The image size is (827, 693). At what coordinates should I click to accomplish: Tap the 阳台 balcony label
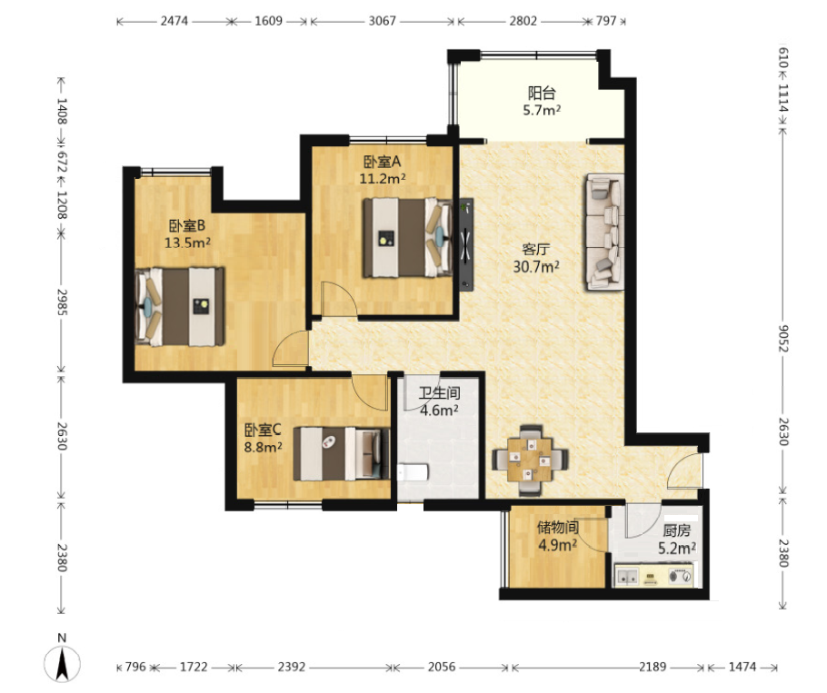tap(542, 94)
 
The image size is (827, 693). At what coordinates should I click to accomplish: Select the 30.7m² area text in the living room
tap(536, 267)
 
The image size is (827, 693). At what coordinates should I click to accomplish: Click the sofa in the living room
tap(604, 233)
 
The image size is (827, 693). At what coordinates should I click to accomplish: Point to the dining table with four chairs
tap(530, 460)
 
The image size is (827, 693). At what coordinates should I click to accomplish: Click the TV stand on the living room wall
tap(465, 244)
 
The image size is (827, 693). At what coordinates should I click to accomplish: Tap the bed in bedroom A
tap(407, 238)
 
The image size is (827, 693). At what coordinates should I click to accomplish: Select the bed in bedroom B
tap(179, 307)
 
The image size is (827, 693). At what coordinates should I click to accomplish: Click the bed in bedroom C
tap(342, 454)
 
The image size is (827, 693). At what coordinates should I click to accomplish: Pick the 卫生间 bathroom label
tap(439, 393)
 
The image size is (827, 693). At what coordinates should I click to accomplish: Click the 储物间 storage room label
tap(557, 527)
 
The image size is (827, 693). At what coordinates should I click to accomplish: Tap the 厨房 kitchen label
tap(677, 530)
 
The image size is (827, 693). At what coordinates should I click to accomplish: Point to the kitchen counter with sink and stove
tap(654, 574)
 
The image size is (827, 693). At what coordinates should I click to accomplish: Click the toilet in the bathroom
tap(412, 472)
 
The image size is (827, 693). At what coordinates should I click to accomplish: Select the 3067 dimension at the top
tap(382, 21)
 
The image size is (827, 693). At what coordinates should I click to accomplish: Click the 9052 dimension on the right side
tap(783, 339)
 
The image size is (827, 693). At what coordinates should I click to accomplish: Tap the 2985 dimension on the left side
tap(62, 302)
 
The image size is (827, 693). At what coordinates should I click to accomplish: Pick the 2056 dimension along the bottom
tap(442, 667)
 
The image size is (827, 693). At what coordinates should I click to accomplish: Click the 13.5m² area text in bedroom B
tap(188, 243)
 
